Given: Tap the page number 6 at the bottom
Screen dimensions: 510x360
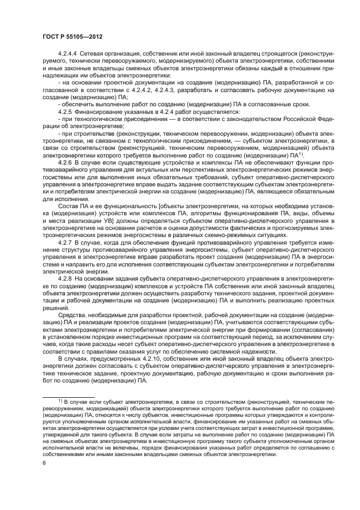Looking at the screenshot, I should [x=44, y=462].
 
